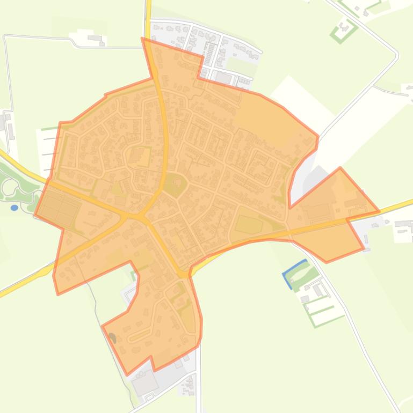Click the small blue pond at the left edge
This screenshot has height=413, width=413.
point(15,208)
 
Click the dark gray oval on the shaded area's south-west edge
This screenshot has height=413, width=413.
point(112,338)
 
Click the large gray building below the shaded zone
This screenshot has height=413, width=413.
point(145,382)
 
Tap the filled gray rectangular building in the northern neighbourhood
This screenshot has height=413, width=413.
point(223,77)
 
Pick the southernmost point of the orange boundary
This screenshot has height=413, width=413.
point(127,374)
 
